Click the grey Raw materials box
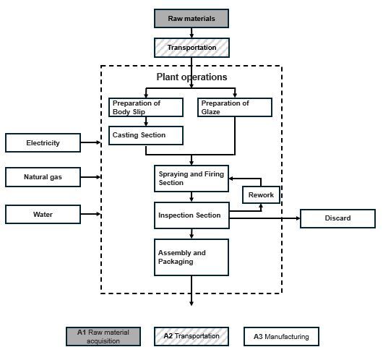(191, 18)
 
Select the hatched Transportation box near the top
(191, 48)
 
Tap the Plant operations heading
(191, 77)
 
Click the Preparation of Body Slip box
(146, 107)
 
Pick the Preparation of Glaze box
(235, 107)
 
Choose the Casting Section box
(146, 135)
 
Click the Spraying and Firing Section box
(191, 179)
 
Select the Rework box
(261, 194)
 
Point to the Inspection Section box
(191, 215)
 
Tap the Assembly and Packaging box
(191, 257)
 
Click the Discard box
(337, 218)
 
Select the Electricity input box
(43, 142)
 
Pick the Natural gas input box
(43, 177)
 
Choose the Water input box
(43, 215)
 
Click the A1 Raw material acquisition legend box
(103, 337)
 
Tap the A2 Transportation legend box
(191, 337)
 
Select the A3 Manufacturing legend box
(281, 337)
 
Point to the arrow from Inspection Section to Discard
(264, 218)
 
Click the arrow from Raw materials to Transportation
(191, 33)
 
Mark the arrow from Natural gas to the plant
(90, 177)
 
